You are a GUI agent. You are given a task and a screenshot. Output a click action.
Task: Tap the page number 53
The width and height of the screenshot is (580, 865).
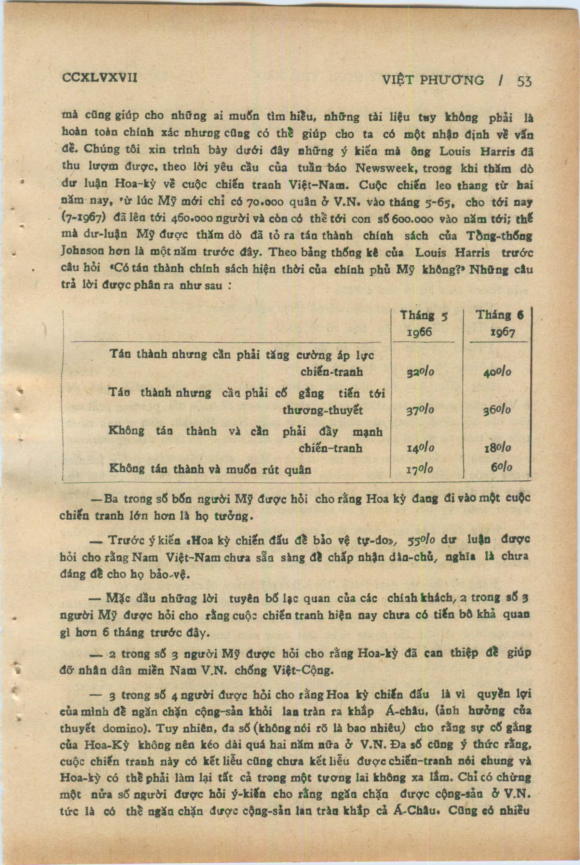pos(524,81)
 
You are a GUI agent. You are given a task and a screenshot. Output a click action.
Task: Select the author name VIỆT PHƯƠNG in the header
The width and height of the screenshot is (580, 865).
pos(433,80)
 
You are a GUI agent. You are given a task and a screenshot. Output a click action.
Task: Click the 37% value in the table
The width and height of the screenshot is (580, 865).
pos(420,410)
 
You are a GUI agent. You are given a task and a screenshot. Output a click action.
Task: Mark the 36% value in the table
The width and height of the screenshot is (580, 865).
pos(497,410)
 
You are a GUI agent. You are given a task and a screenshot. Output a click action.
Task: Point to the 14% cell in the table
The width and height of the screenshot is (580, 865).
pos(420,448)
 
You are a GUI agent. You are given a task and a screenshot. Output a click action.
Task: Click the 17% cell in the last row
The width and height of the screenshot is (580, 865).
pos(420,470)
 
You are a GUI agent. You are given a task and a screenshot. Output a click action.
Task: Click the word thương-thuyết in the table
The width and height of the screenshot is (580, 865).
pos(323,410)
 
